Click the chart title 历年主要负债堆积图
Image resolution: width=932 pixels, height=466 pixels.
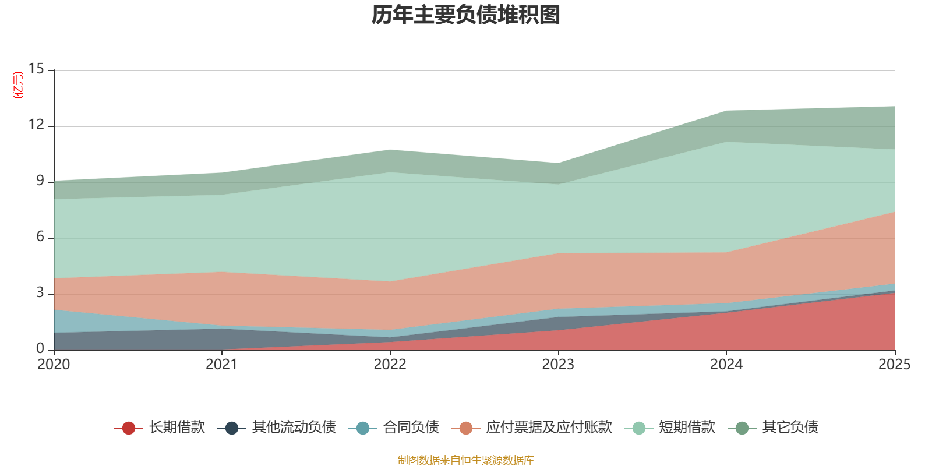coord(466,16)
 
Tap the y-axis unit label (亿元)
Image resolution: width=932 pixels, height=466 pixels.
coord(19,85)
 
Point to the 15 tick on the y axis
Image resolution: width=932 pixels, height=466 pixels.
coord(36,69)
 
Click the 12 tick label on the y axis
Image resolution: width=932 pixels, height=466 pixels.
coord(36,125)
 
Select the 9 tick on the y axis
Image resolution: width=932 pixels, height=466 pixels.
coord(40,181)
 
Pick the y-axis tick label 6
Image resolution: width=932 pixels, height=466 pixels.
coord(40,236)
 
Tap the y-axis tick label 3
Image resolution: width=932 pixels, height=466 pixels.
coord(40,292)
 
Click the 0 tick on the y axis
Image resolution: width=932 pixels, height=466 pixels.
coord(40,348)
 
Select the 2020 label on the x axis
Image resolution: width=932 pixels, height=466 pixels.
coord(54,365)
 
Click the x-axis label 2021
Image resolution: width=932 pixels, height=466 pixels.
coord(221,365)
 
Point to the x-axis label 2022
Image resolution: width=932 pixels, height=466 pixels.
coord(390,365)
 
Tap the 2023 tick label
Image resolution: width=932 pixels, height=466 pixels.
coord(558,365)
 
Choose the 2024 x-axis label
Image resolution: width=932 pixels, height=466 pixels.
coord(726,365)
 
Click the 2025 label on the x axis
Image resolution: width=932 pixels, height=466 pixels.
coord(894,365)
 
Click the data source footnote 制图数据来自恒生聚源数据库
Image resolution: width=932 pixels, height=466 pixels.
coord(466,460)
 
